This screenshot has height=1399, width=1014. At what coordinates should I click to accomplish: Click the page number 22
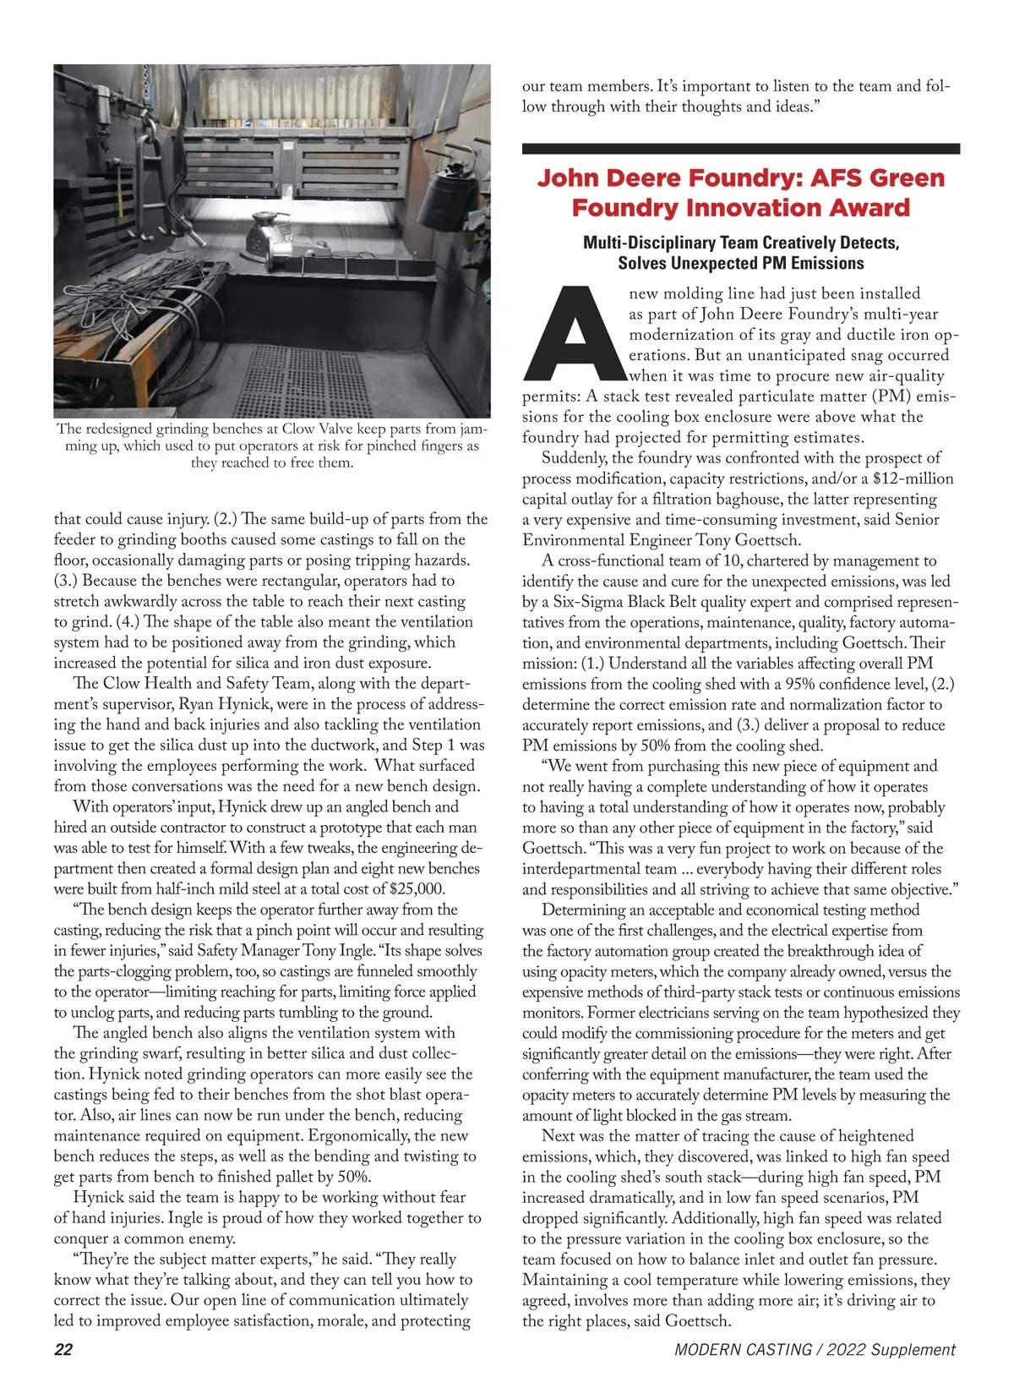click(63, 1349)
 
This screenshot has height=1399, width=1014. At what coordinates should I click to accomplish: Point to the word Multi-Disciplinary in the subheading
click(654, 243)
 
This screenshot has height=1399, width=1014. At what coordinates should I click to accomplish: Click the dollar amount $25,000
click(417, 888)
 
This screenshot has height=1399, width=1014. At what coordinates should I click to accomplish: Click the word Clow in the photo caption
click(299, 429)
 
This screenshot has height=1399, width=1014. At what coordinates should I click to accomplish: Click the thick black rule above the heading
click(740, 149)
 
